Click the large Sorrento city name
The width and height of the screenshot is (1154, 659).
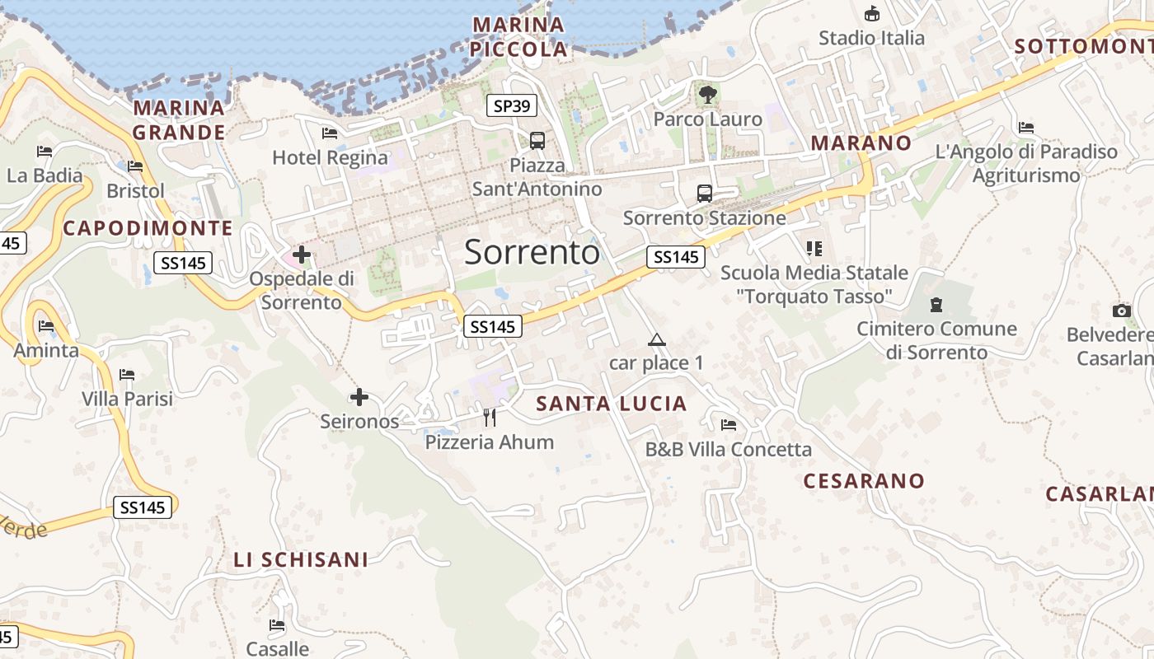coord(532,252)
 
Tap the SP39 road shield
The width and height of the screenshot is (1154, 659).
coord(512,105)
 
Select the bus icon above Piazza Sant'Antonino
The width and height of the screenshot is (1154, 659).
coord(537,140)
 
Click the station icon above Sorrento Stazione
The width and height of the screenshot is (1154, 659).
coord(705,194)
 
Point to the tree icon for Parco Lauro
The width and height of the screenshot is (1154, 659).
coord(707,94)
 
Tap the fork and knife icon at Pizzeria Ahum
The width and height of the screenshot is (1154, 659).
coord(490,418)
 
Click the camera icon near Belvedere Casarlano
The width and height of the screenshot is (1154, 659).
coord(1122,311)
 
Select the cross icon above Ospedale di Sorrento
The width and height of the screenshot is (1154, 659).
coord(302,255)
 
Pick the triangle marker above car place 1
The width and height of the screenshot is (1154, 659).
coord(656,339)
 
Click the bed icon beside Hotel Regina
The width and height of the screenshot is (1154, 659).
coord(330,133)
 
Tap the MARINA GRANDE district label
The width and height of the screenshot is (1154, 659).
coord(179,120)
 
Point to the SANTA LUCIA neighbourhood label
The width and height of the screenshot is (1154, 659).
coord(612,404)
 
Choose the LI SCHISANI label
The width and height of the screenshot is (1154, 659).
coord(301,560)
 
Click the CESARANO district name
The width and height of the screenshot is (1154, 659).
coord(864,481)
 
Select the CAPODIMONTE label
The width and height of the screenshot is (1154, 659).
coord(148,228)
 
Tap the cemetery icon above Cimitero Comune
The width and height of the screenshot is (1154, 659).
coord(936,305)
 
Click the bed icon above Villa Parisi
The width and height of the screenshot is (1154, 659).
coord(127,375)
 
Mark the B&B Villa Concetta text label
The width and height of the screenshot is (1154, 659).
coord(729,450)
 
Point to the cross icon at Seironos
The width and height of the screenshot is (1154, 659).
coord(359,398)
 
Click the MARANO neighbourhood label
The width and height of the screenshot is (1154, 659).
coord(861,143)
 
